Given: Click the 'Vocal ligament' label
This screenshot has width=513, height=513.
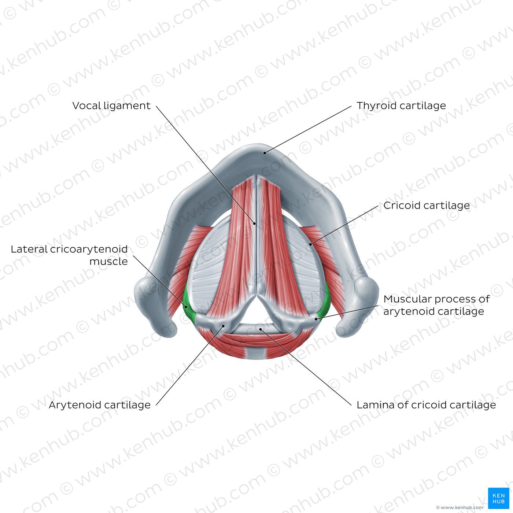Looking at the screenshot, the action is pos(111,106).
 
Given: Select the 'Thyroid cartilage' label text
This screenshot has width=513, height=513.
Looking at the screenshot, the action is pos(401,106).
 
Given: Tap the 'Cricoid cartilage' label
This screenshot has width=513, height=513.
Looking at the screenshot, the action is pos(427,206).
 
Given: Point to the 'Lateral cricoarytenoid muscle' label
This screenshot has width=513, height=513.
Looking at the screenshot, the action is pos(69,255).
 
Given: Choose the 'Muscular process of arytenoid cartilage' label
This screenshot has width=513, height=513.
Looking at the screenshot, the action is pos(436,305).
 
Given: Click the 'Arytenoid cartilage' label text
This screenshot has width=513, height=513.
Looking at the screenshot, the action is pos(100,405).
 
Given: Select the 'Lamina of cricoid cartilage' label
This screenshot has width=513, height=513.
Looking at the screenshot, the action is pos(426,405).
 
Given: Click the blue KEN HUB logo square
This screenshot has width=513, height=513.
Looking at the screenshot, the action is pos(499,498).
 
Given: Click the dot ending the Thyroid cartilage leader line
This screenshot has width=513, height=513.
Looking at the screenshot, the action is pos(265,153).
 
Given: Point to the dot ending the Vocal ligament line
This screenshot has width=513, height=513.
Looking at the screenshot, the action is pos(255,224).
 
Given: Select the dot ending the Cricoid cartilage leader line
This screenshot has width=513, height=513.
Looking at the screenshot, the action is pos(310,244).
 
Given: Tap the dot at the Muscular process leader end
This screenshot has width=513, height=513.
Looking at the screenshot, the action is pos(316,319).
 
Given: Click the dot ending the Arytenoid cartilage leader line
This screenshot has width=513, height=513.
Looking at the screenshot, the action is pos(224,326).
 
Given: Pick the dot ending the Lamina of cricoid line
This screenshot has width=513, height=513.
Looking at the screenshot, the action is pos(261,329).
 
